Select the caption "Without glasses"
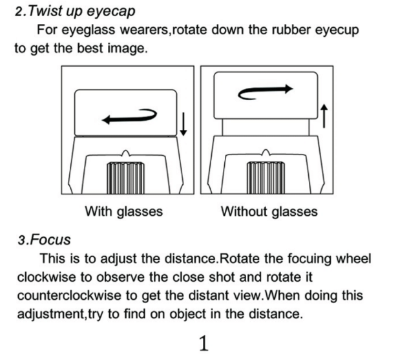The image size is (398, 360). pyautogui.click(x=269, y=211)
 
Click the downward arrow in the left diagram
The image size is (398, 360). pyautogui.click(x=183, y=122)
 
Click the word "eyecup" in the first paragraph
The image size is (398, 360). pyautogui.click(x=334, y=30)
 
